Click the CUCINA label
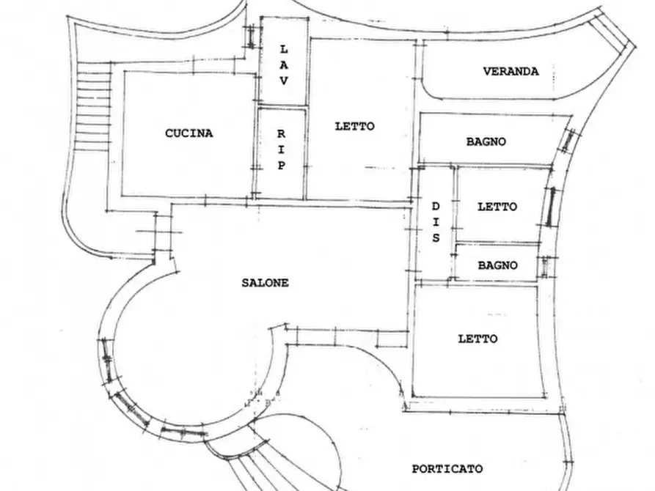[x=189, y=133]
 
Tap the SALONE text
[x=266, y=283]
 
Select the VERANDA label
[x=511, y=71]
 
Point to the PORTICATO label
[x=447, y=469]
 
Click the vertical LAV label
[x=284, y=65]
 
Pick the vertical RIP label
[x=282, y=149]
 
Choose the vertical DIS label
[x=436, y=222]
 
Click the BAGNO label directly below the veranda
[x=486, y=141]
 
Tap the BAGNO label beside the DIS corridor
[x=497, y=265]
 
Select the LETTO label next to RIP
[x=355, y=126]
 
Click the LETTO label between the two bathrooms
[x=497, y=206]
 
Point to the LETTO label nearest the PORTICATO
[x=477, y=339]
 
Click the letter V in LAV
[x=284, y=81]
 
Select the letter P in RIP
[x=282, y=166]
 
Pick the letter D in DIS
[x=436, y=206]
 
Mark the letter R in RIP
[x=282, y=134]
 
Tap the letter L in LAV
[x=284, y=50]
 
